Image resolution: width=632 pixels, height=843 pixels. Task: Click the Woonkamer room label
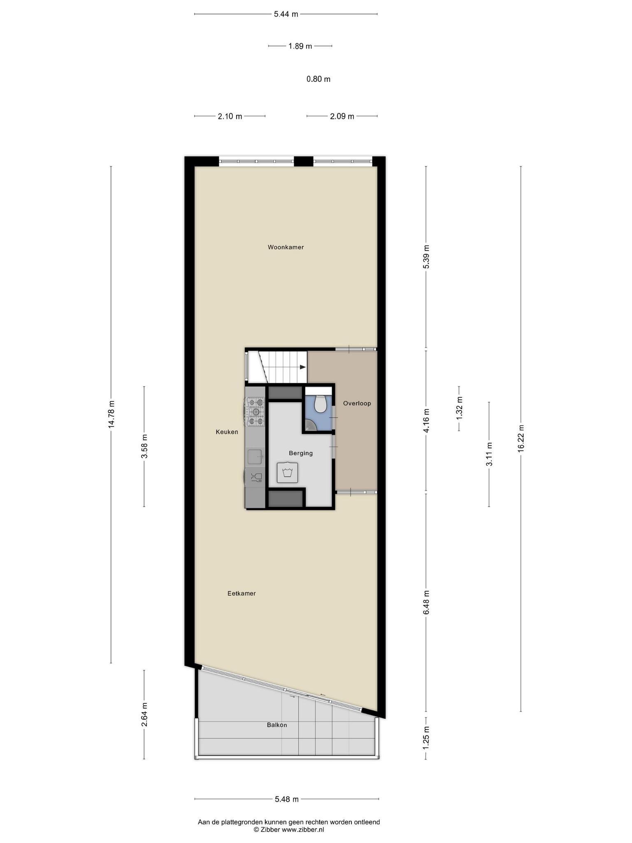click(x=286, y=247)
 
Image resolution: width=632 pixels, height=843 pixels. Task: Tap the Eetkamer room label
click(x=242, y=594)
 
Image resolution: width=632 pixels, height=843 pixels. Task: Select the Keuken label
click(x=227, y=432)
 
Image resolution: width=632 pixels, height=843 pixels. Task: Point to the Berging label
click(x=301, y=453)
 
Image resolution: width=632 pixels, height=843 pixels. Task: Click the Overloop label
click(x=357, y=403)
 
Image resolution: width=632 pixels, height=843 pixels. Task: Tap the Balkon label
click(x=277, y=725)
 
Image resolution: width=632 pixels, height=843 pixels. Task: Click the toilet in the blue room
click(x=320, y=404)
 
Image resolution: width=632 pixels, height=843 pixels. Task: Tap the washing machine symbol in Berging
click(x=288, y=472)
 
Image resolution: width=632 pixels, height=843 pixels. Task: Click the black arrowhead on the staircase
click(x=303, y=367)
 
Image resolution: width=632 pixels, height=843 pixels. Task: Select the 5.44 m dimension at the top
click(x=286, y=14)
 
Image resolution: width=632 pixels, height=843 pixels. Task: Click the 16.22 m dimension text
click(x=521, y=438)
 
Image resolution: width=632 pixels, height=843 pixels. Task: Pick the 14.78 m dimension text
click(x=111, y=414)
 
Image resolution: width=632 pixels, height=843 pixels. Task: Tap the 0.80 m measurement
click(x=318, y=79)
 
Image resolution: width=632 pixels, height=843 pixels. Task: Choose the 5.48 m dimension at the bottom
click(x=287, y=799)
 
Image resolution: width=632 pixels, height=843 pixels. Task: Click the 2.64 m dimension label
click(x=144, y=715)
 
